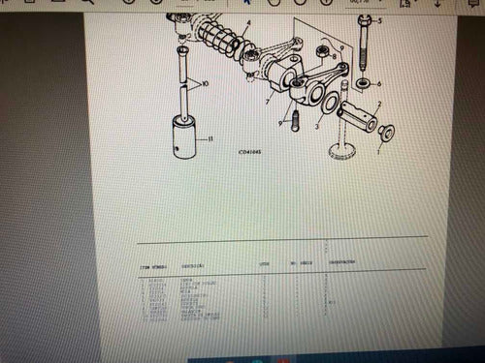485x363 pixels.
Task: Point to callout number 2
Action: tap(379, 104)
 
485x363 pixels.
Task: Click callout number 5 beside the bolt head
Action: tap(380, 20)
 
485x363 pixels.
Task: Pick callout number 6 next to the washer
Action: tap(379, 83)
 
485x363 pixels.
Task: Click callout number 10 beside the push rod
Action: tap(205, 85)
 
